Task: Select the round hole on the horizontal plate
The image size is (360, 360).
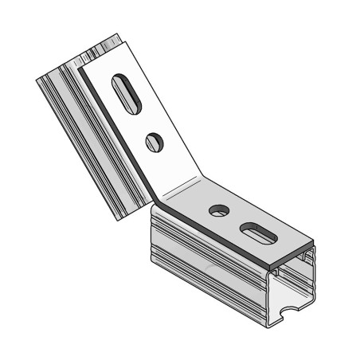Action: [x=216, y=211]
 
